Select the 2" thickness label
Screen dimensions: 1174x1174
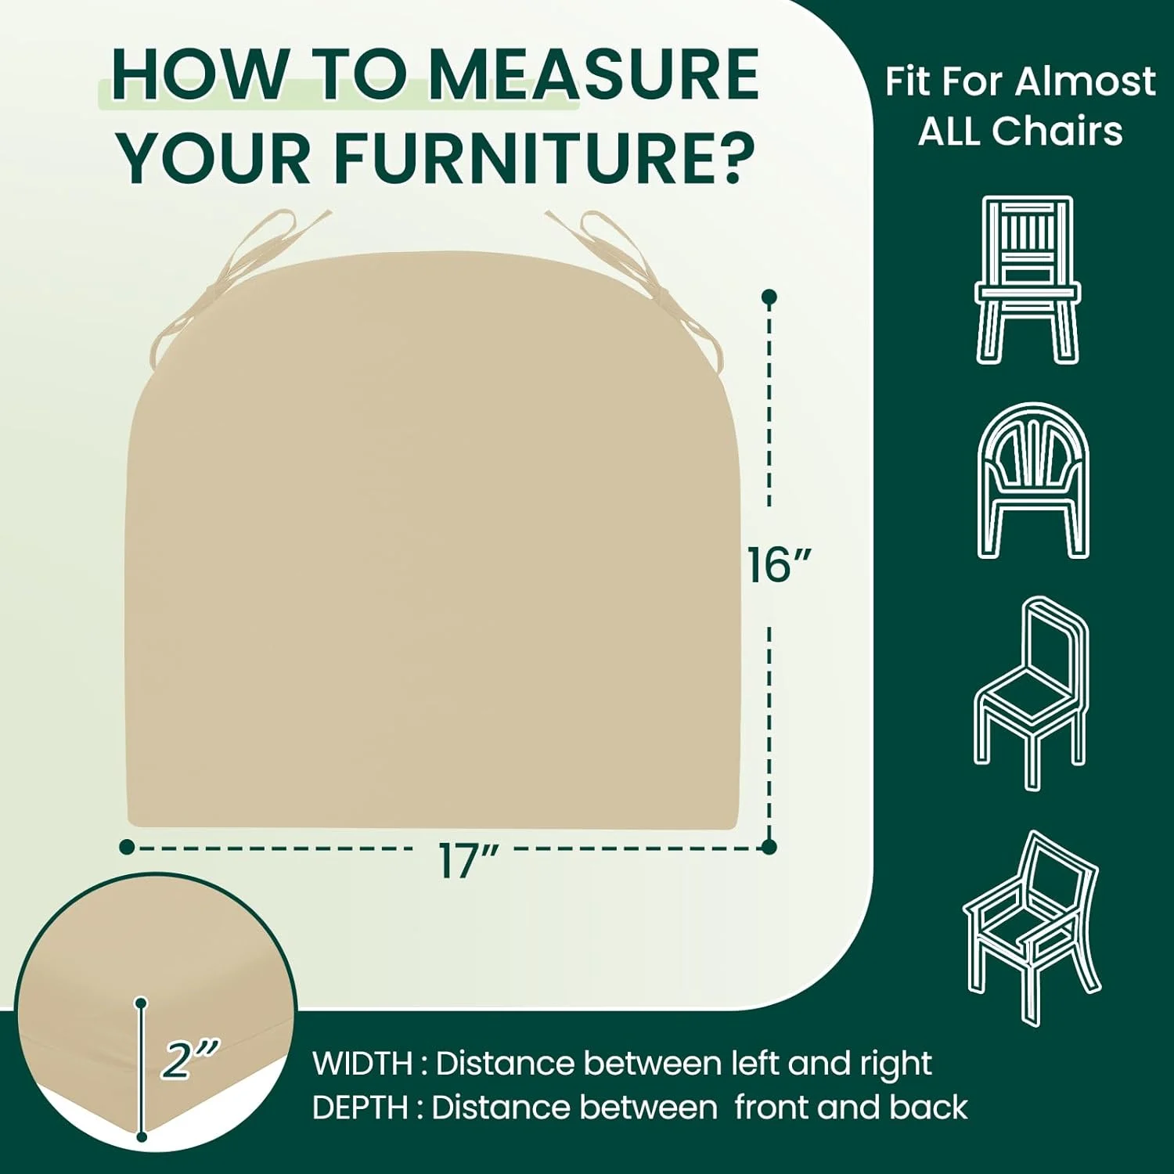[190, 1058]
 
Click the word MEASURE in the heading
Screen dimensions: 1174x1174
[593, 74]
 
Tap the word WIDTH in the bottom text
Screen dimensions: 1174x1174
[362, 1064]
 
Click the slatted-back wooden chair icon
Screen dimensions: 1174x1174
[1027, 279]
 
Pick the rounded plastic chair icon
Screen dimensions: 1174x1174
[1032, 480]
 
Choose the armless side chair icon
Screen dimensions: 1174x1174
[1031, 693]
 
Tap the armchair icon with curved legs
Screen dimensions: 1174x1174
[1032, 927]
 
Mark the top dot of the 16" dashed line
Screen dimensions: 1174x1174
[769, 297]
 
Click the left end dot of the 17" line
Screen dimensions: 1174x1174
[127, 847]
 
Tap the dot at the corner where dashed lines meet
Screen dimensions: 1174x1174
[769, 846]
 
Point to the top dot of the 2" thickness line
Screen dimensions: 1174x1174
[141, 1003]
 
